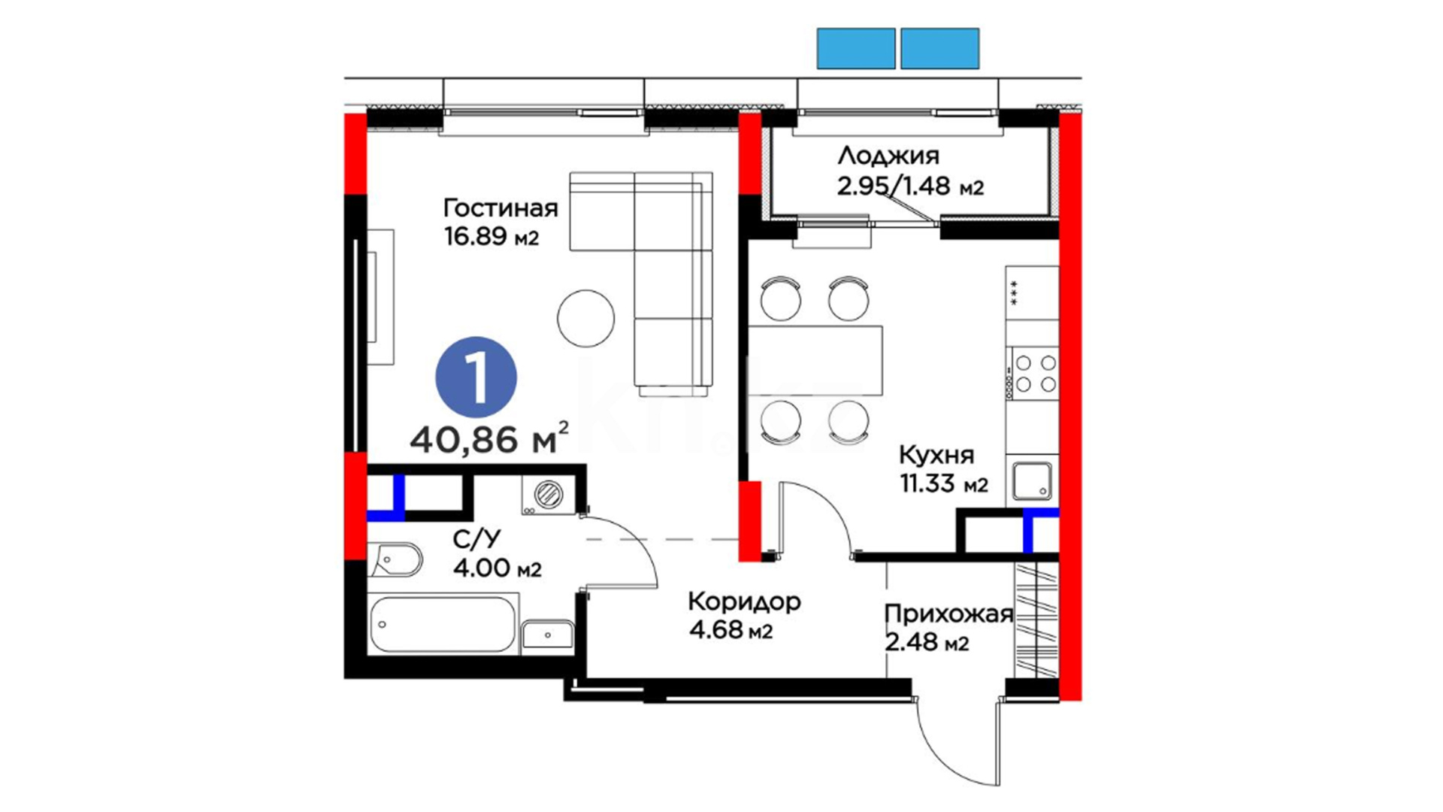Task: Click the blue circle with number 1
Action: pos(476,377)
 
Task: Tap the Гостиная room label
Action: pos(501,208)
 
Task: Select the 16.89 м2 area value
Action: pos(492,236)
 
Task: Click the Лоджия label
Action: pos(888,156)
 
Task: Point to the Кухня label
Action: pos(936,455)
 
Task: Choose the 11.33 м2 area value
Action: pos(944,483)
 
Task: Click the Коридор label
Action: pos(744,601)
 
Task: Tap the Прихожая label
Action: pos(948,614)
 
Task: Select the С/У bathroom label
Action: pos(476,539)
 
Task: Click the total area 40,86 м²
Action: pos(489,438)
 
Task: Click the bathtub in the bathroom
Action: pos(444,623)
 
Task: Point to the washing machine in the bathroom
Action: pos(549,494)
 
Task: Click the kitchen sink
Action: pos(1033,481)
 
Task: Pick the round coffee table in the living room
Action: pos(586,319)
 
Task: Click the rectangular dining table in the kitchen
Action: pos(815,360)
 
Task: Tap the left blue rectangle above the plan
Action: pos(856,48)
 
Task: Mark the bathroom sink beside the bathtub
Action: pos(548,635)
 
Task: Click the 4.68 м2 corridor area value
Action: pos(731,629)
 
